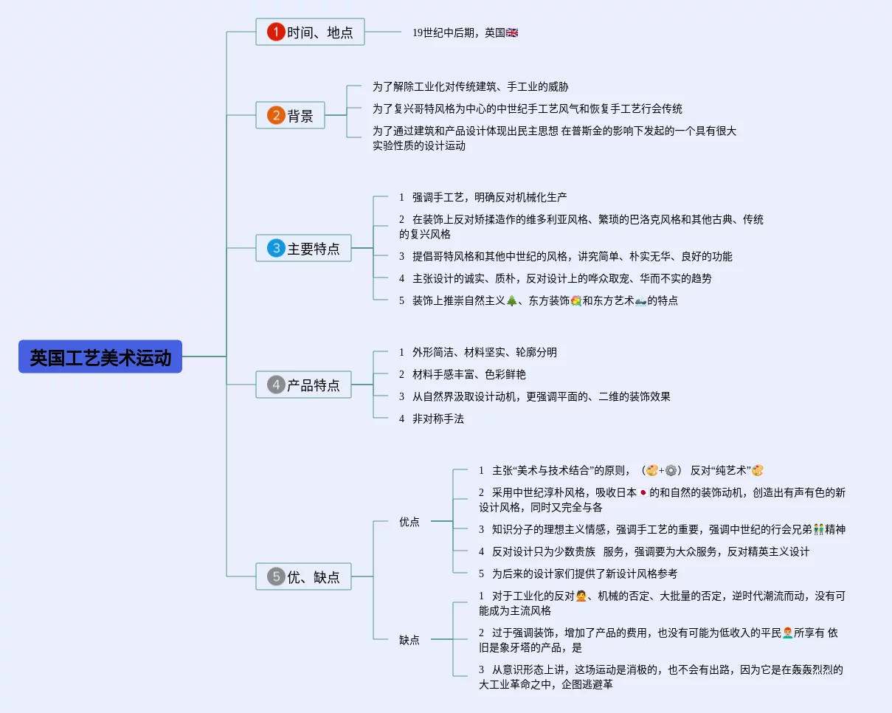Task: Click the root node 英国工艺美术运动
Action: (100, 357)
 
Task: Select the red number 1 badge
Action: (276, 32)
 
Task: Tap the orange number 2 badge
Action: (276, 115)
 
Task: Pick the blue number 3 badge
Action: (276, 248)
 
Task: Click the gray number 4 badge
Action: (276, 385)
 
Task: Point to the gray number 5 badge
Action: (276, 576)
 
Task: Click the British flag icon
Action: (512, 32)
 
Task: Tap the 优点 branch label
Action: (409, 522)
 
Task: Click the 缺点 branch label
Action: (409, 640)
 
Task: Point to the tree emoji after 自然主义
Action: (512, 300)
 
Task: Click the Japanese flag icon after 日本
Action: (643, 492)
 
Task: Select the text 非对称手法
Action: (438, 418)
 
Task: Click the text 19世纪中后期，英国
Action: (458, 32)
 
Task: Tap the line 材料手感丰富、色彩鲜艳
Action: (469, 374)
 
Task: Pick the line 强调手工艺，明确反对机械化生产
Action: (489, 197)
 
